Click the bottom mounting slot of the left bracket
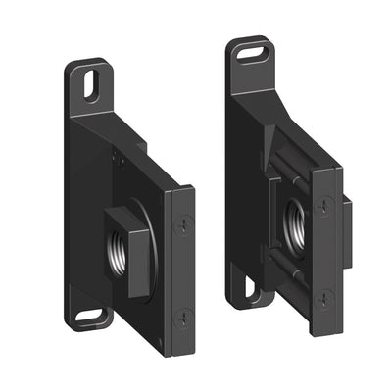[91, 316]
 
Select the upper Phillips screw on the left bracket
[182, 227]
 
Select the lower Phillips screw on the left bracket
[183, 316]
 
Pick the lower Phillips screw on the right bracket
[323, 295]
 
